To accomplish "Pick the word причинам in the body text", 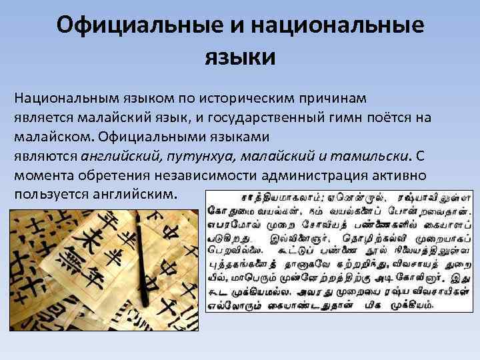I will pyautogui.click(x=338, y=98).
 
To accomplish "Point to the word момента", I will pyautogui.click(x=42, y=175).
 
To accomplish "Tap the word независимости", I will pyautogui.click(x=197, y=175).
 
